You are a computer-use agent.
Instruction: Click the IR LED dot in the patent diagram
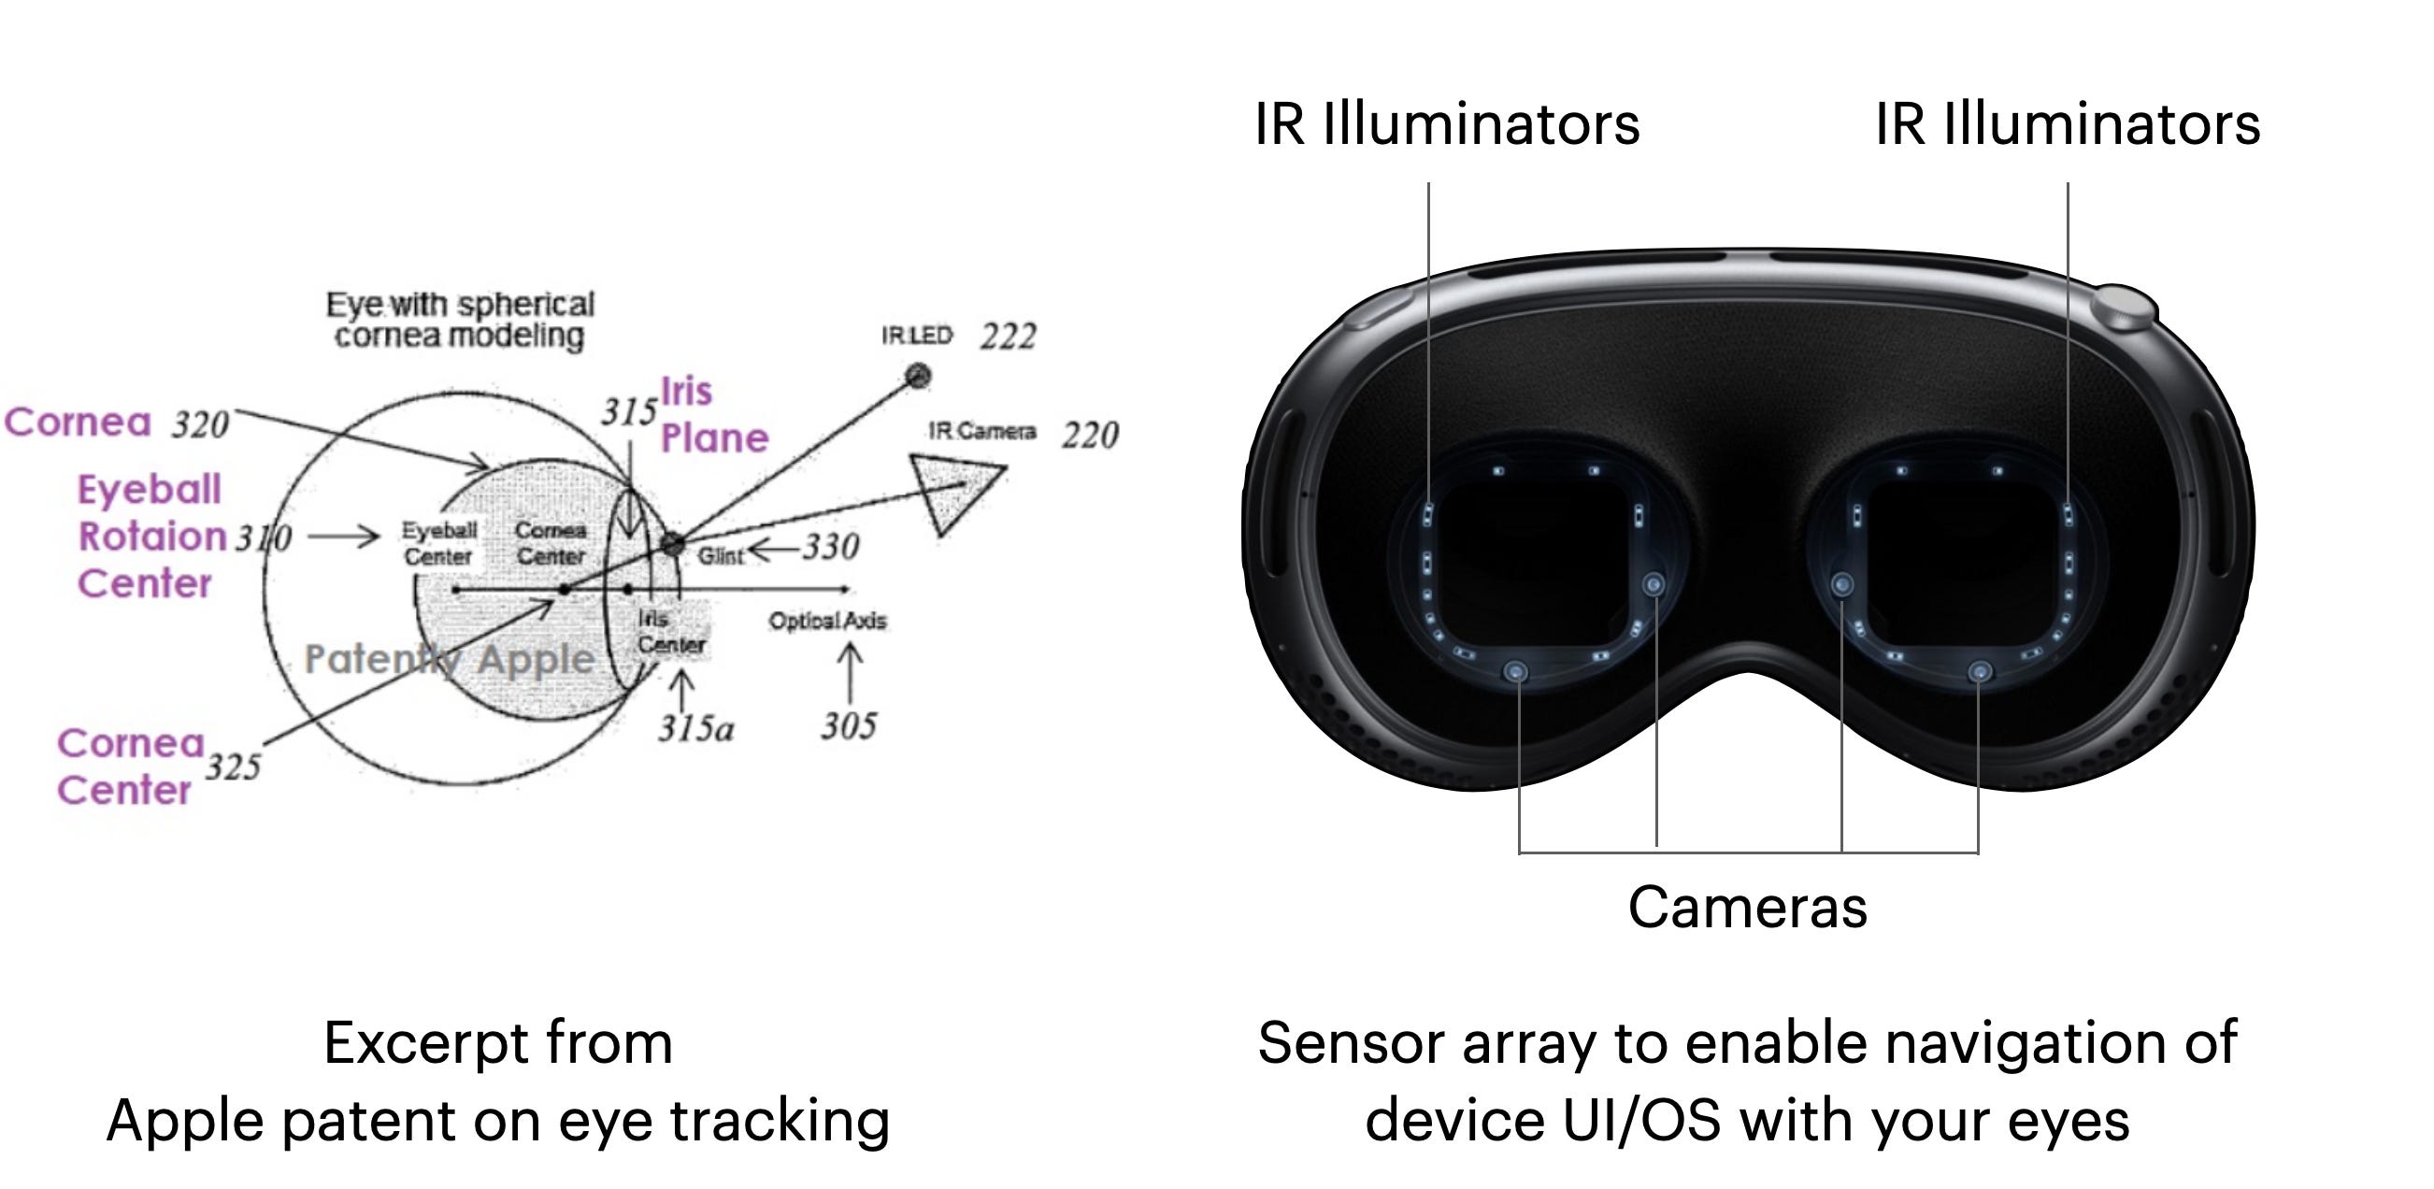coord(918,376)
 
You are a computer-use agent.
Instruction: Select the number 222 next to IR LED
coord(1009,337)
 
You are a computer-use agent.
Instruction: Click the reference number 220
coord(1091,436)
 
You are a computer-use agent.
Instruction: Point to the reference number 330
coord(831,546)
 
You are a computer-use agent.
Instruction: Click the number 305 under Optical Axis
coord(849,726)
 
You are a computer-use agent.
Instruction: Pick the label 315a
coord(696,729)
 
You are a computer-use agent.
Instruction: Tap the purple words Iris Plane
coord(712,415)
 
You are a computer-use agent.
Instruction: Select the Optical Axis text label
coord(827,621)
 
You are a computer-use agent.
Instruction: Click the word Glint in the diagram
coord(720,556)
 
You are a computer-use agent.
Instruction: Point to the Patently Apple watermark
coord(450,659)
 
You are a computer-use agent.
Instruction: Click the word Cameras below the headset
coord(1747,908)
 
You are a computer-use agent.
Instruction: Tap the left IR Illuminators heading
coord(1447,123)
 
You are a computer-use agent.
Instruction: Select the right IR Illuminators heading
coord(2068,123)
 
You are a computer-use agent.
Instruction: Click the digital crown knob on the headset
coord(2124,308)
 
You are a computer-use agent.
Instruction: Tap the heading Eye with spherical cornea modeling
coord(460,320)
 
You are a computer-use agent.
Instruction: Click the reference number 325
coord(234,766)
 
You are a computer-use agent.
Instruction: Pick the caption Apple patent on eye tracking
coord(498,1121)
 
